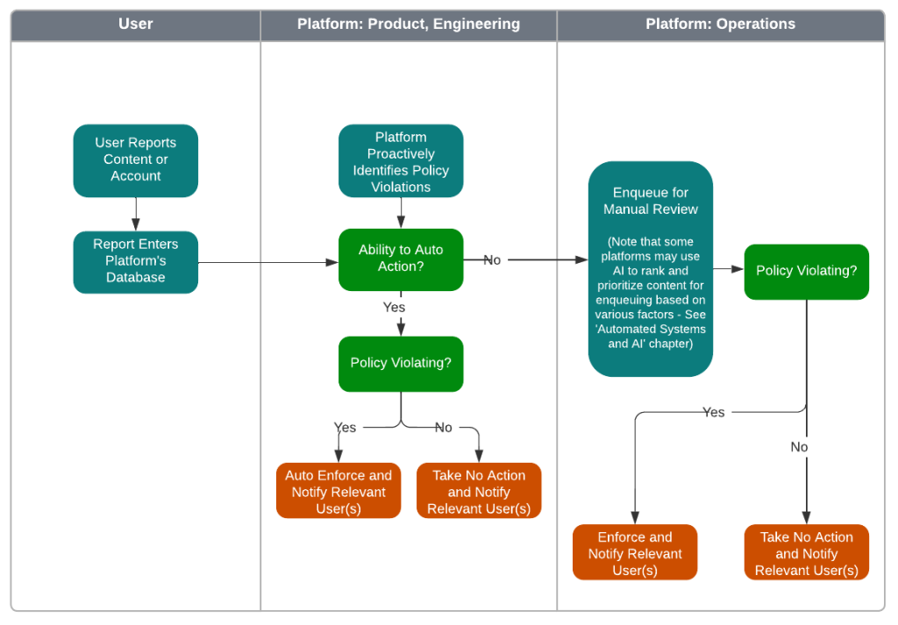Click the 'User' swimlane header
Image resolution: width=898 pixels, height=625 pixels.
135,25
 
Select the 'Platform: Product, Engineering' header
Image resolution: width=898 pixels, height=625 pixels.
408,25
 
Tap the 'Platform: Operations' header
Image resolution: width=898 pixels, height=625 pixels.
720,25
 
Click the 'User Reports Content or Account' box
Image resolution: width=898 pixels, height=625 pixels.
135,160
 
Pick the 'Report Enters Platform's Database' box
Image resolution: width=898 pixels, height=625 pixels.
135,261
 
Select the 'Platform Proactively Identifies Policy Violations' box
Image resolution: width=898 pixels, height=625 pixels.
401,161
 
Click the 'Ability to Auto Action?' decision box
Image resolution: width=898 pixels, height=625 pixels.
401,259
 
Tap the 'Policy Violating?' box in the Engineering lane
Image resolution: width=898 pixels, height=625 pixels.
401,363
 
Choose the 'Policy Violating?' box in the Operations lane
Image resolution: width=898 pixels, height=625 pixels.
806,271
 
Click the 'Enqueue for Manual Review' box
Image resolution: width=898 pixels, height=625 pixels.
650,268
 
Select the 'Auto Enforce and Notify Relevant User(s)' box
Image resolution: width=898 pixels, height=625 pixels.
339,491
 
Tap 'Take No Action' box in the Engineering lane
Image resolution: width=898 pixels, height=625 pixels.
479,491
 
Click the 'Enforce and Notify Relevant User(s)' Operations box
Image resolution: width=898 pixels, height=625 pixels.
635,553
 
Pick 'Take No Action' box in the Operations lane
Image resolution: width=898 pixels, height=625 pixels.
806,553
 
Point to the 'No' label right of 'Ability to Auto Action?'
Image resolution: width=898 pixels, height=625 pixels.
492,260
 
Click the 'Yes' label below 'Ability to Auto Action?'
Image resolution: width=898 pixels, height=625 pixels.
394,308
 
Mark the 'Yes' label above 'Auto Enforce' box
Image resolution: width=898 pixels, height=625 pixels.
345,428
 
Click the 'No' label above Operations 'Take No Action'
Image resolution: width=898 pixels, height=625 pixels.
799,447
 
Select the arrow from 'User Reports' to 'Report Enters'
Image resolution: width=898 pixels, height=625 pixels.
136,214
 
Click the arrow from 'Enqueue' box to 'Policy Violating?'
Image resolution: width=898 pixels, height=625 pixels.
728,270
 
